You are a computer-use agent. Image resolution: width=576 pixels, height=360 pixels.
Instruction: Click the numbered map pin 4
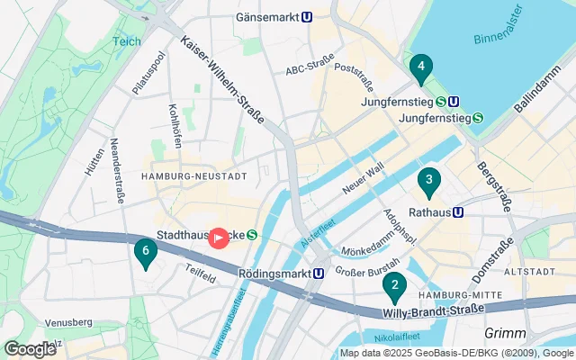419,69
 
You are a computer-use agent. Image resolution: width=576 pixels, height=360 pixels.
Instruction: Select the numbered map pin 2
393,287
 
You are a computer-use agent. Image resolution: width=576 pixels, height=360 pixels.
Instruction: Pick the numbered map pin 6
144,253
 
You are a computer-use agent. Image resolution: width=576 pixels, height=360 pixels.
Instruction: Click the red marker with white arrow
218,237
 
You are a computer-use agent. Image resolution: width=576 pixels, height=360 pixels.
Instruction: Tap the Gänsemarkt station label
266,16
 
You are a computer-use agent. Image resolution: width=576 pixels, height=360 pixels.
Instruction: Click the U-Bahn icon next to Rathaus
458,212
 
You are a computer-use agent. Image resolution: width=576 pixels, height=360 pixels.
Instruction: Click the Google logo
30,348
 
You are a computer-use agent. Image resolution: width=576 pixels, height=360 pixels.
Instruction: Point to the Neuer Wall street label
363,178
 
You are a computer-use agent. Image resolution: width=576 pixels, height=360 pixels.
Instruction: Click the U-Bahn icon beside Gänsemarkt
308,16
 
